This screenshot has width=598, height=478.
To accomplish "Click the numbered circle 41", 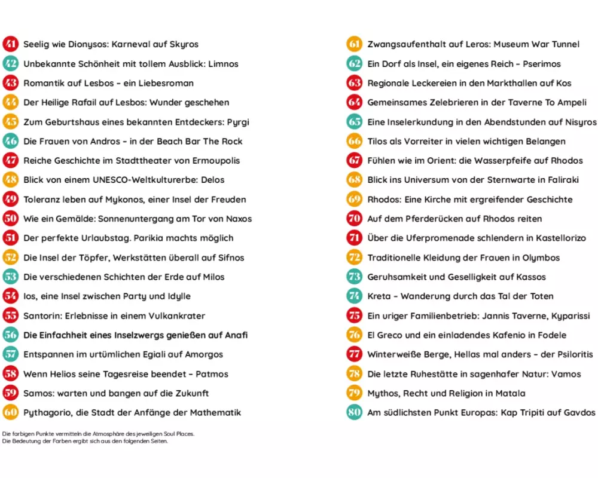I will click(11, 44).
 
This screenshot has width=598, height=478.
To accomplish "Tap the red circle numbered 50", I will click(11, 219).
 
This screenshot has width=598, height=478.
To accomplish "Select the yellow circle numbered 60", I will click(11, 412).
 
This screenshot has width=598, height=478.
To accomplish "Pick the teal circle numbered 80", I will click(354, 412).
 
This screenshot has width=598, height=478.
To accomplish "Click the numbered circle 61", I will click(354, 44).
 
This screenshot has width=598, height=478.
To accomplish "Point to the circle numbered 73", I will click(354, 277).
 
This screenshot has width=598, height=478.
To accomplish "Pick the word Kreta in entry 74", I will click(379, 296).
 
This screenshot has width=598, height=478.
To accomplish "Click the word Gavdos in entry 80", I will click(579, 412).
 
